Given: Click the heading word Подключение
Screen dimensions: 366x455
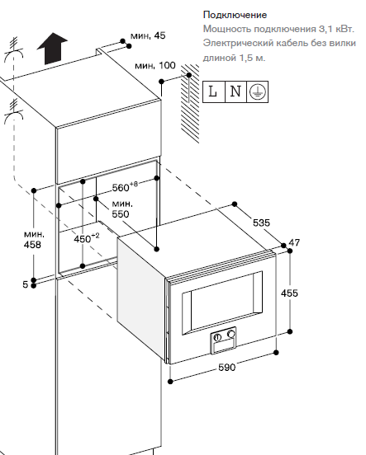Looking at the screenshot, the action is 235,15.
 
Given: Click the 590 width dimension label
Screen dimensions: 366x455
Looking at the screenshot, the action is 227,368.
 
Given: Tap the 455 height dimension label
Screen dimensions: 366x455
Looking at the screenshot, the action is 289,293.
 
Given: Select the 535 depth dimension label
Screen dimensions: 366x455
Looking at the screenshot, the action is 262,223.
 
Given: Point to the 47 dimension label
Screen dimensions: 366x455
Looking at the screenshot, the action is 294,242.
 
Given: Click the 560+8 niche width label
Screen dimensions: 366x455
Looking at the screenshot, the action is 125,187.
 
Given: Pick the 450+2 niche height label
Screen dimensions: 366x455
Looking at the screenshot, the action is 87,238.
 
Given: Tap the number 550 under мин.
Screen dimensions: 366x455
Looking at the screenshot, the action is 121,213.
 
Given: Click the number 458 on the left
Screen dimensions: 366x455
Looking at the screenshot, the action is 32,245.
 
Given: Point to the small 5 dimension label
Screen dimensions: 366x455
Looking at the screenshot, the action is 26,284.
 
